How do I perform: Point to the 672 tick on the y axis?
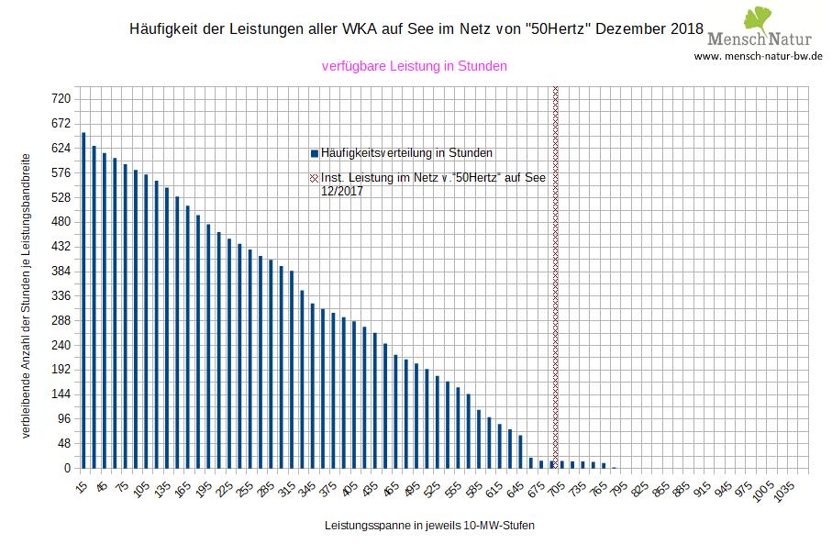(61, 123)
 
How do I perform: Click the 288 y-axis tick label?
(61, 320)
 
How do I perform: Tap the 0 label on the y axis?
(67, 468)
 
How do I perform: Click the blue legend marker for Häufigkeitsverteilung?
(315, 152)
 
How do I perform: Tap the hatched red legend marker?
(315, 178)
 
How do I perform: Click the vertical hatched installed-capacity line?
(556, 275)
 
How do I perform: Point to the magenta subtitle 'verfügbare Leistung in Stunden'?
(415, 66)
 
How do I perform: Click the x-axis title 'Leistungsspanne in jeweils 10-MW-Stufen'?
(429, 527)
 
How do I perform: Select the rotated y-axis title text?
(28, 294)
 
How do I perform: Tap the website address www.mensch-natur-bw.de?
(758, 56)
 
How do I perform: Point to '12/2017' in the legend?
(342, 191)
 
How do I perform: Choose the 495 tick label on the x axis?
(414, 490)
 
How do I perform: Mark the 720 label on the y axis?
(61, 98)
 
